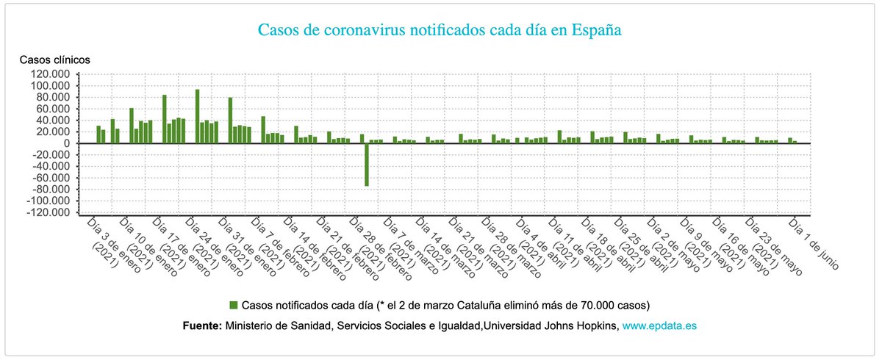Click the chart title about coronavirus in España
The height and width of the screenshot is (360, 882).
click(440, 31)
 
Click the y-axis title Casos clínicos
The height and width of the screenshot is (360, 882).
click(54, 60)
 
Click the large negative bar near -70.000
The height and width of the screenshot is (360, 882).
click(367, 165)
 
